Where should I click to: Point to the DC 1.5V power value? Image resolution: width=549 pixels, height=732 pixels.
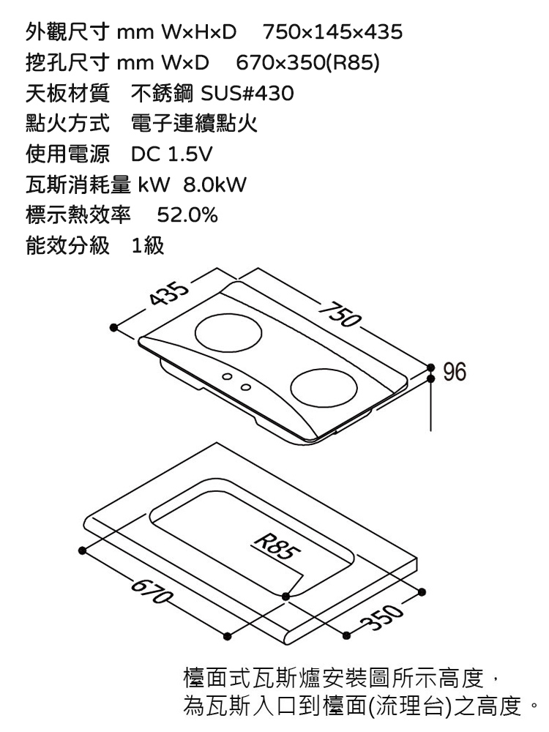(x=171, y=155)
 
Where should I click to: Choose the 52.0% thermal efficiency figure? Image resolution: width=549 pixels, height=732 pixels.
(x=187, y=217)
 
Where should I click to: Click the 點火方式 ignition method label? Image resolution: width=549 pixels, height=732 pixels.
(x=67, y=124)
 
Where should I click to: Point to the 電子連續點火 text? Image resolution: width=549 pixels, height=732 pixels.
(x=193, y=124)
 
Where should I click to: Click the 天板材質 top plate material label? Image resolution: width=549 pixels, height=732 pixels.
(x=67, y=94)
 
